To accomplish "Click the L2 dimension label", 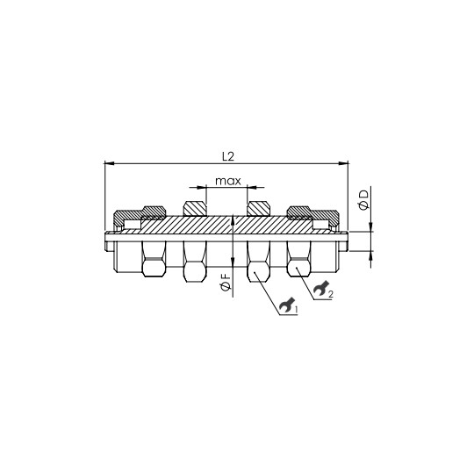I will pos(227,156).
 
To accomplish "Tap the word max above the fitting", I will pos(227,182).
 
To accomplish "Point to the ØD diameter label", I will pos(364,201).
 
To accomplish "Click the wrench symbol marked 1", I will pos(285,307).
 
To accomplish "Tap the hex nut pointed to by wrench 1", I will pos(259,262).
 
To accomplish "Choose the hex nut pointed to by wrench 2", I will pos(299,260).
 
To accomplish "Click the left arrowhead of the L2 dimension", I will pos(108,163).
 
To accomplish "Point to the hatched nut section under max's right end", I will pos(259,209).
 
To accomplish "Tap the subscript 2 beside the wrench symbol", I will pos(331,293).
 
